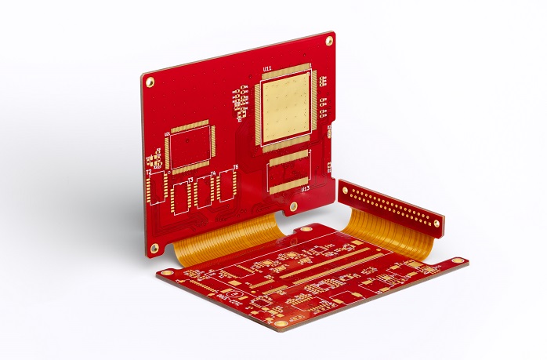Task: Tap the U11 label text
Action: (267, 69)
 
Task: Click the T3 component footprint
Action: (181, 195)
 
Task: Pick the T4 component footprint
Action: (204, 191)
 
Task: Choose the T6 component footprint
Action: (226, 185)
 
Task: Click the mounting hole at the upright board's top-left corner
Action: (150, 82)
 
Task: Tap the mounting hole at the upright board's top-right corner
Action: (329, 39)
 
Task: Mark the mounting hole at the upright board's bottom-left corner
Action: (154, 249)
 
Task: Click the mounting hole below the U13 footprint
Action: (293, 207)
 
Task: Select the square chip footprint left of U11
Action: (190, 147)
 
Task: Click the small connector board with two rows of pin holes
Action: (390, 206)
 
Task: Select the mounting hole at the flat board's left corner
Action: (167, 273)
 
